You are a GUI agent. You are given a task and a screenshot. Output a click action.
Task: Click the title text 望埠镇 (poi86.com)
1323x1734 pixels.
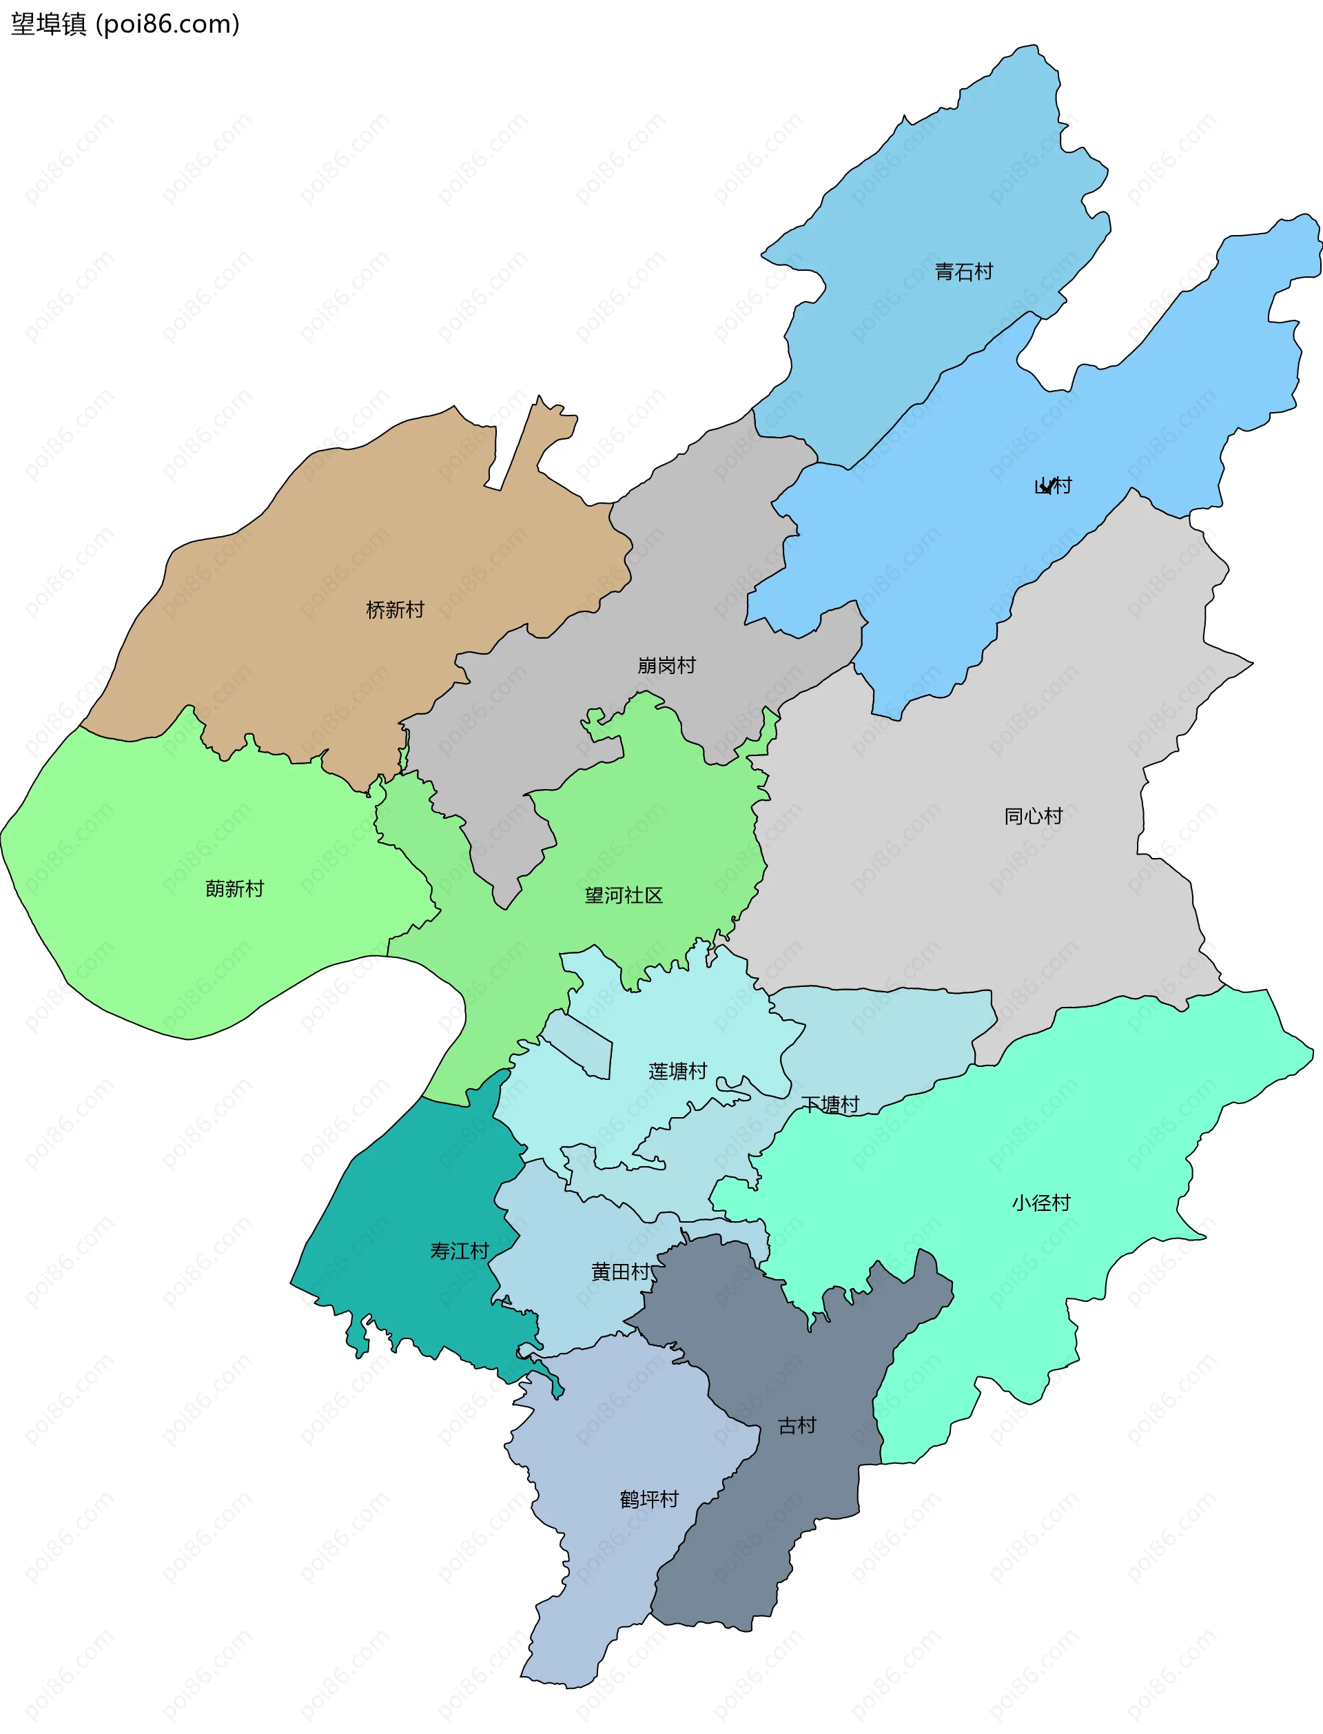(125, 24)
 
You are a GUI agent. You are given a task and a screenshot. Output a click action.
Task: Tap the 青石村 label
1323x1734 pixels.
(963, 272)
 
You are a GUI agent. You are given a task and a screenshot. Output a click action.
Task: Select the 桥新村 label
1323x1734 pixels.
(395, 609)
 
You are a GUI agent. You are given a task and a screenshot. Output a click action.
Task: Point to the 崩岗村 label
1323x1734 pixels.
(666, 665)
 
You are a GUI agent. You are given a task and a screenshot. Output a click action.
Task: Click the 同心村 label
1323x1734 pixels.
(1033, 816)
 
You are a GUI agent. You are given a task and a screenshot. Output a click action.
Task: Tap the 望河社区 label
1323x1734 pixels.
(623, 895)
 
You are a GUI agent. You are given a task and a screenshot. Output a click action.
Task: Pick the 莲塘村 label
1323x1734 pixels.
(677, 1071)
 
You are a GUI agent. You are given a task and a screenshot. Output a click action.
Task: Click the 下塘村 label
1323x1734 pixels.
(830, 1105)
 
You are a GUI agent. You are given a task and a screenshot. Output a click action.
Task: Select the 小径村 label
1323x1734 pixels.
(1041, 1203)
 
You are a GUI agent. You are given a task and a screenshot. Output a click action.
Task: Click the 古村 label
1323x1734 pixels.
(797, 1425)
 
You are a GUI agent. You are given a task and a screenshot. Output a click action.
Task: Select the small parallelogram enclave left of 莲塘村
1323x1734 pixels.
(579, 1043)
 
